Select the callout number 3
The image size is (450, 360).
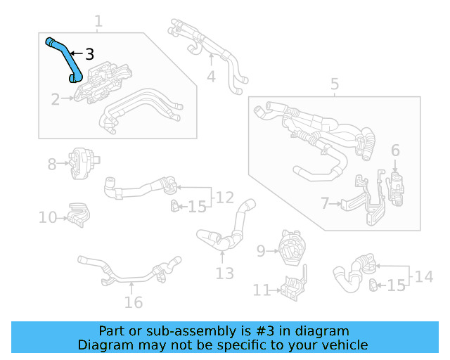pyautogui.click(x=89, y=54)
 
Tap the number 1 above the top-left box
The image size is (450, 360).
pyautogui.click(x=98, y=22)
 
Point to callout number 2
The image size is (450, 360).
pyautogui.click(x=56, y=100)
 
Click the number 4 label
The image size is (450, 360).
pyautogui.click(x=211, y=76)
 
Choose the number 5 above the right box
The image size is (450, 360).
pyautogui.click(x=335, y=85)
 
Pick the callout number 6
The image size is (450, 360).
pyautogui.click(x=395, y=150)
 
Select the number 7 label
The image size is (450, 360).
pyautogui.click(x=325, y=204)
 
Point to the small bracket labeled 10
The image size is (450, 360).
pyautogui.click(x=79, y=215)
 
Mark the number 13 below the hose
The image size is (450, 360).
pyautogui.click(x=224, y=274)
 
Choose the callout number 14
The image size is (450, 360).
pyautogui.click(x=424, y=276)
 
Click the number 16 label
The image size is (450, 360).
pyautogui.click(x=133, y=302)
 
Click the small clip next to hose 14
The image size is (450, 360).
pyautogui.click(x=373, y=284)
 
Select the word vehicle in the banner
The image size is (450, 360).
pyautogui.click(x=342, y=345)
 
